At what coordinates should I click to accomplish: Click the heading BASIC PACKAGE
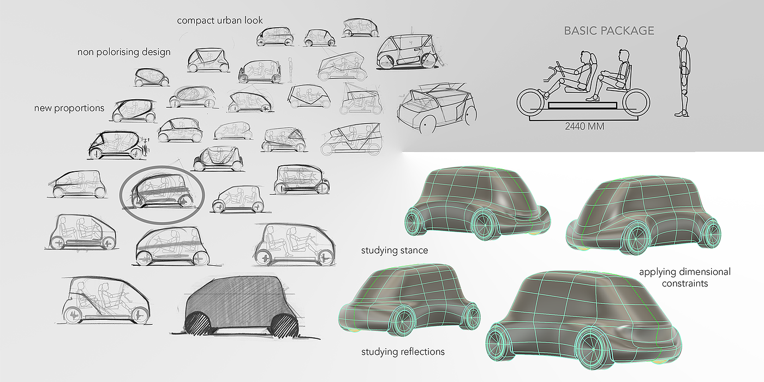608,31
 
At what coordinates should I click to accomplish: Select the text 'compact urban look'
220,21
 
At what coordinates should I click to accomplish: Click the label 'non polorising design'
124,52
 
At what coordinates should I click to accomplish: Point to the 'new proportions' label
69,108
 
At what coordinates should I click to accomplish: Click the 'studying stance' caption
395,251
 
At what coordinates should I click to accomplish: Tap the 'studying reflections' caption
403,351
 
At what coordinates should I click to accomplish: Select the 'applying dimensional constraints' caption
684,277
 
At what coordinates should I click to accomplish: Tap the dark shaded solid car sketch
240,306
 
